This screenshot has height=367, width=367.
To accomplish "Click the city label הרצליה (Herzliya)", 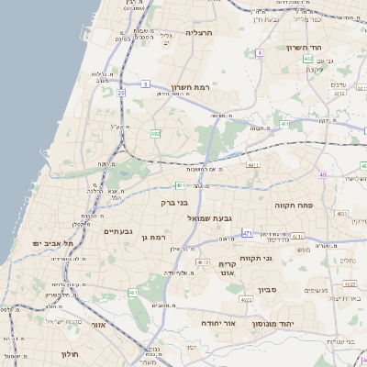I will tap(199, 32).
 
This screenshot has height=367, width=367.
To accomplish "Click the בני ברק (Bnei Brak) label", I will tap(173, 202).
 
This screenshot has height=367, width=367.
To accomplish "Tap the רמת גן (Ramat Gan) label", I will tap(161, 238).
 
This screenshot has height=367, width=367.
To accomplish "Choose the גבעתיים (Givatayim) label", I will tap(119, 231).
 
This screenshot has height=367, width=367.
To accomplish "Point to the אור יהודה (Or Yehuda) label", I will tap(243, 324).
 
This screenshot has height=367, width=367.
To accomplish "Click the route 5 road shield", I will tap(145, 83).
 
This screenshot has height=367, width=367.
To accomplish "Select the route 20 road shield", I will tap(121, 92).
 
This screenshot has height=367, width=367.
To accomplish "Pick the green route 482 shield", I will tap(156, 134).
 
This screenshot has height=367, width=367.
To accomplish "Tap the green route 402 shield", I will tap(307, 59).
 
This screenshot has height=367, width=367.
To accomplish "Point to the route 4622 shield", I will tap(246, 299).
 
